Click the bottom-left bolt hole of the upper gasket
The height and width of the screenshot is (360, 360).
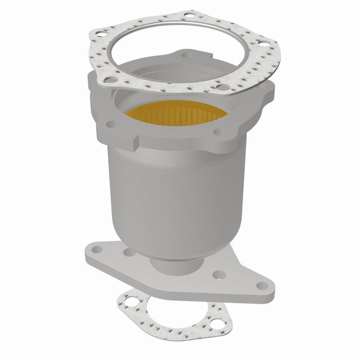[111, 80]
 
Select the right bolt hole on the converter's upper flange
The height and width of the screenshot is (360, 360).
[218, 132]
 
